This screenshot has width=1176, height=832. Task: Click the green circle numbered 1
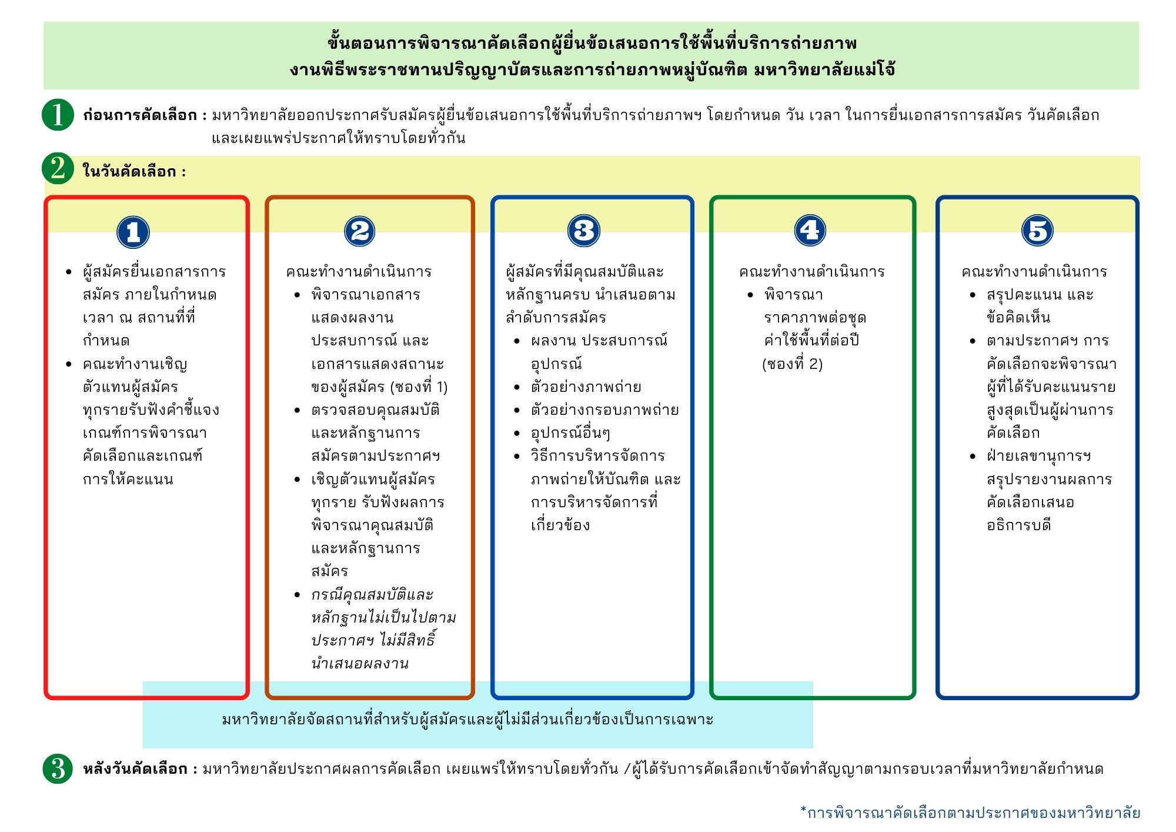point(58,114)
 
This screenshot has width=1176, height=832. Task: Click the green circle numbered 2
point(58,169)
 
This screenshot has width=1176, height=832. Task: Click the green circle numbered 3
point(58,768)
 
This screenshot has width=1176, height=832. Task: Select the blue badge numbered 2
point(359,231)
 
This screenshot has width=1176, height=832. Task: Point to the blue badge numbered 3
point(583,231)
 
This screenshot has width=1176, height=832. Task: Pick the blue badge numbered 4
point(810,230)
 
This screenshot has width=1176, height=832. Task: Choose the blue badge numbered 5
point(1037,230)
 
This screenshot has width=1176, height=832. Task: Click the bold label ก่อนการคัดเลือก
point(140,115)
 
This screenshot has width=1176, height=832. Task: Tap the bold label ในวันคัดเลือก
point(131,172)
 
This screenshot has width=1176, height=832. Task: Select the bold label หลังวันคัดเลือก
point(135,769)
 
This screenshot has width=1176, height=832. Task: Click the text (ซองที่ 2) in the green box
point(792,364)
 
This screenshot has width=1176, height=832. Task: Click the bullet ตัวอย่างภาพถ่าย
point(586,387)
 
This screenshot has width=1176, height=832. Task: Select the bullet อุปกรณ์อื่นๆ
point(570,434)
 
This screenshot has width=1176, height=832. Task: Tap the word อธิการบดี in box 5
point(1018,525)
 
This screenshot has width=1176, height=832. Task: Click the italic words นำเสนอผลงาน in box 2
point(360,664)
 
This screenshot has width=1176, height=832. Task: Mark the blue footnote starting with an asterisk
point(970,813)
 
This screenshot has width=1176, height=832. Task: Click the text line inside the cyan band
point(467,719)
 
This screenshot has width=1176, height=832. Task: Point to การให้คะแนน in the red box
point(128,480)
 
